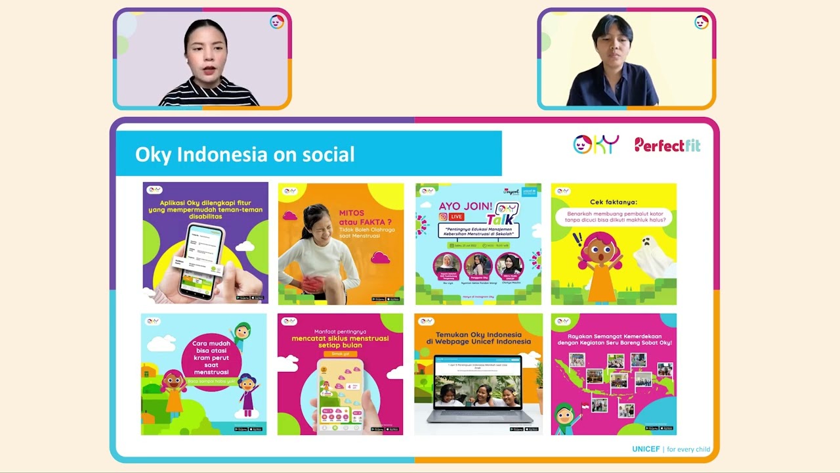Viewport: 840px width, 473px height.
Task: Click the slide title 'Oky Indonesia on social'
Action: [245, 154]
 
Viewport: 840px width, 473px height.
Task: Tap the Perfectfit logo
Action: [667, 145]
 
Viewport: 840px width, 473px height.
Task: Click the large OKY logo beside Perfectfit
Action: [595, 145]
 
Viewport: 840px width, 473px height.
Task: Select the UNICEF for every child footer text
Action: [671, 449]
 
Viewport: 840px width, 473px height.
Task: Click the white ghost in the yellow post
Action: [652, 258]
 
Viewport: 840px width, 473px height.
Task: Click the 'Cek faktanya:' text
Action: [613, 202]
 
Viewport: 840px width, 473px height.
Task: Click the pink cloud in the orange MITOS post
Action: [381, 258]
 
